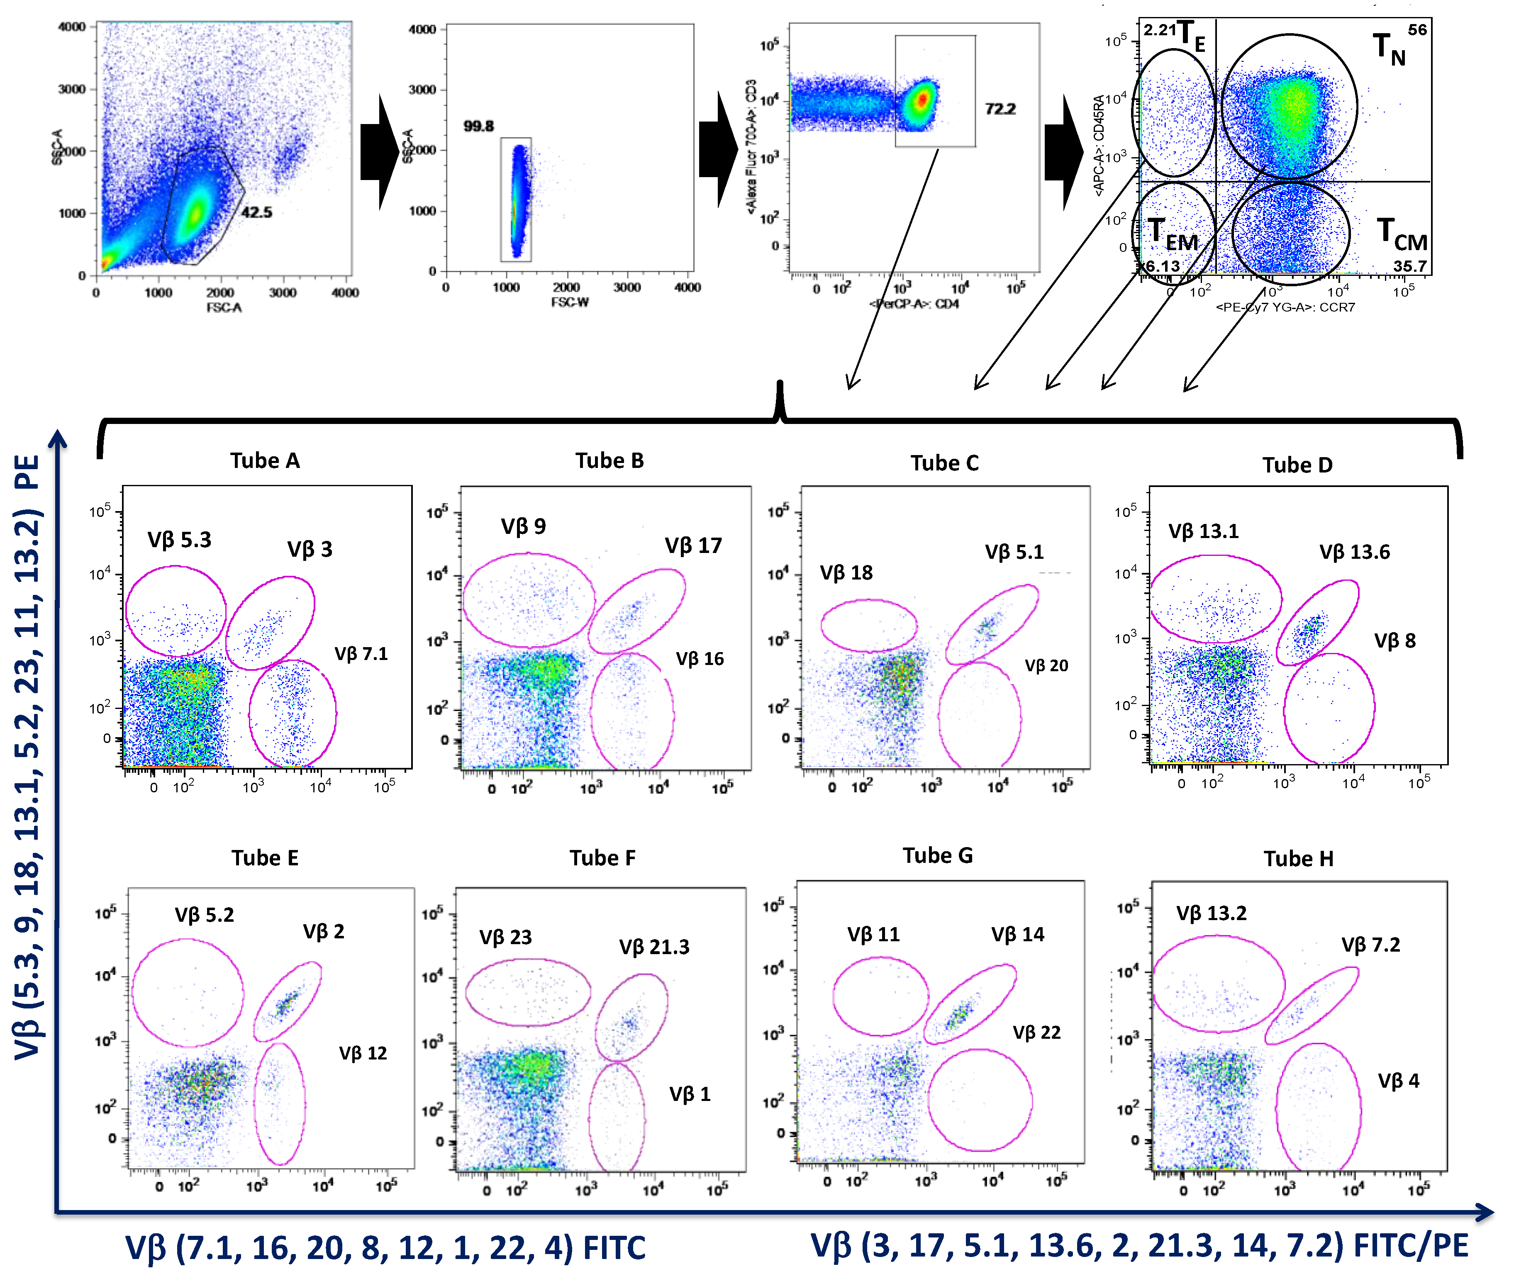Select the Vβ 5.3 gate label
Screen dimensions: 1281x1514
[x=179, y=540]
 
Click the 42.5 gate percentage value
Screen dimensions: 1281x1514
[x=256, y=212]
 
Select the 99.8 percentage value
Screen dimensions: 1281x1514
[x=478, y=127]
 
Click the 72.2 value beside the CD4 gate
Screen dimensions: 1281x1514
[x=1000, y=109]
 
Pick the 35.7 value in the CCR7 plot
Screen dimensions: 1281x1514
[x=1409, y=266]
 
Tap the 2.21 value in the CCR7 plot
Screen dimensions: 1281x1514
[x=1159, y=31]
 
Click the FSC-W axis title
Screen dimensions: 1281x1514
[x=570, y=302]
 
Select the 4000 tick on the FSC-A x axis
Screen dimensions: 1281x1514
[x=345, y=292]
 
